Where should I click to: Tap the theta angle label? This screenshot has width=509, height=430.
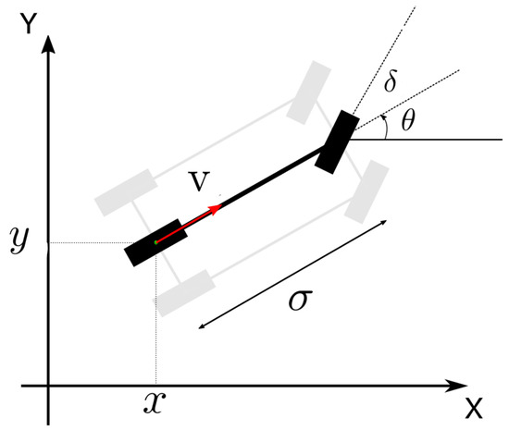coord(407,120)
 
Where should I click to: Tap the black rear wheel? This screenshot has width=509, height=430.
coord(155,242)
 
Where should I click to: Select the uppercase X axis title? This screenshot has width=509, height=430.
coord(475,408)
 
